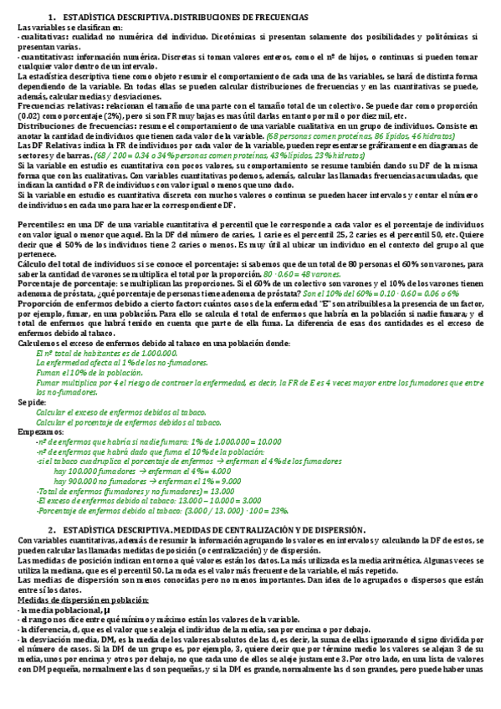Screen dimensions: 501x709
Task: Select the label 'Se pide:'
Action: point(33,402)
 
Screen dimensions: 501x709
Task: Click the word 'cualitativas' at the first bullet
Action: point(46,38)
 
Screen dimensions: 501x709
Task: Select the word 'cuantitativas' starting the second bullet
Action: point(49,57)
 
